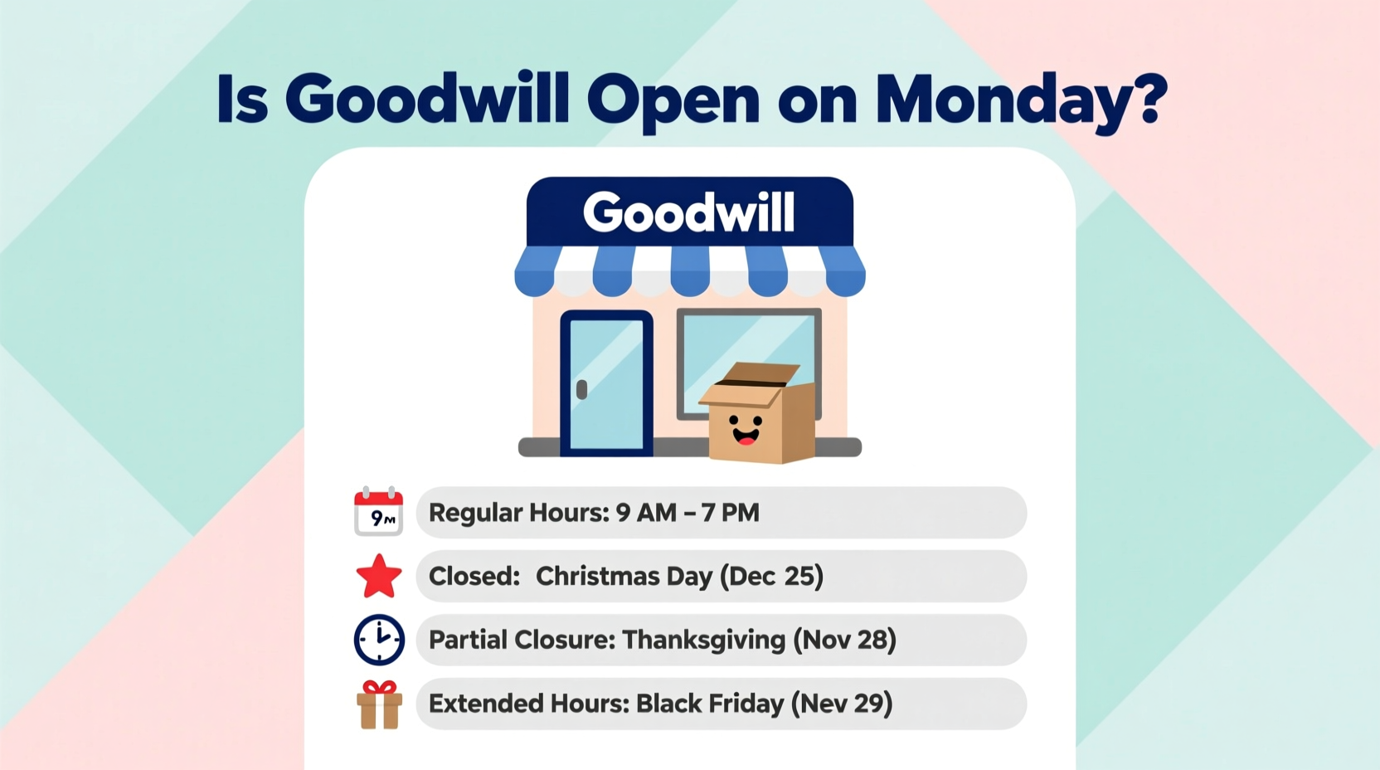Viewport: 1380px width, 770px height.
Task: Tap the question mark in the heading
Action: pos(1148,98)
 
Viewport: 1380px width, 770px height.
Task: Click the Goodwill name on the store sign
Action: pos(689,212)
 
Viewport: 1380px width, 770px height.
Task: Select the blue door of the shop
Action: pos(607,383)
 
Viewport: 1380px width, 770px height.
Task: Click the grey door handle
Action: pos(581,389)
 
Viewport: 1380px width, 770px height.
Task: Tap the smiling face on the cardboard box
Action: pos(745,429)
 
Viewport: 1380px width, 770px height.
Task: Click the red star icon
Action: pos(379,577)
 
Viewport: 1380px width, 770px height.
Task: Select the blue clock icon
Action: pos(379,640)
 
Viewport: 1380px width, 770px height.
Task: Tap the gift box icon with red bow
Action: pos(380,704)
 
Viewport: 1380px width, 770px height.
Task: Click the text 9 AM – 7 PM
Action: pos(688,513)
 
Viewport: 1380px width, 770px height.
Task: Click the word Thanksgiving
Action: pos(703,640)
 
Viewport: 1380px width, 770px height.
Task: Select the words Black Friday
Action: pos(709,704)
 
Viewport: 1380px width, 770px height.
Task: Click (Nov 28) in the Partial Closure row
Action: pos(844,640)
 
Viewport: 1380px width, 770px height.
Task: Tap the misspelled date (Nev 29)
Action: pos(841,704)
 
